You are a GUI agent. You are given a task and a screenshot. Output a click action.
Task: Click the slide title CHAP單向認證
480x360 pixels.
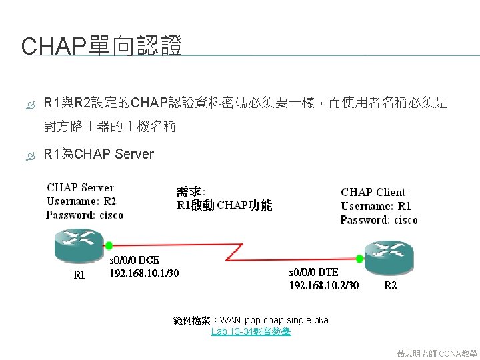pos(102,47)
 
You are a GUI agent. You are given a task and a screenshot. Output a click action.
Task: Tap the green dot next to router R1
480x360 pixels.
pos(109,245)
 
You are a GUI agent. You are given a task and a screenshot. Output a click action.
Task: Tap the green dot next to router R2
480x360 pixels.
pos(360,258)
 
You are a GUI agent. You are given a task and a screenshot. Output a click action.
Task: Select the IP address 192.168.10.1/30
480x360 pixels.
pos(145,273)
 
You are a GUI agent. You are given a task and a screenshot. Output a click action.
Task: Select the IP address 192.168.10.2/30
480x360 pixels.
pos(324,285)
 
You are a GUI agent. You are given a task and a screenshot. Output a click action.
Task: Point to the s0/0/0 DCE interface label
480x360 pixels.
pos(134,260)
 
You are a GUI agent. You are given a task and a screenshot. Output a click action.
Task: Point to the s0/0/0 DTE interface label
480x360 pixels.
pos(313,273)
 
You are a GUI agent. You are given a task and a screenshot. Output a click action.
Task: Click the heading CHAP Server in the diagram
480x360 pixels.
pos(80,188)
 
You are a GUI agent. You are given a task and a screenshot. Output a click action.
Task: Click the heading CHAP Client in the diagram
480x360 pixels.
pos(373,193)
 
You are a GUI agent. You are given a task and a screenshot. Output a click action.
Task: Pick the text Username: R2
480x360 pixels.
pos(81,201)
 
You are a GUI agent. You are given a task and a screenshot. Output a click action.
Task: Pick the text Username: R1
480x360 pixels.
pos(376,206)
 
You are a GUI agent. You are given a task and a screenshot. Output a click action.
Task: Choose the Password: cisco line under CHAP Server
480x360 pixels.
pos(85,215)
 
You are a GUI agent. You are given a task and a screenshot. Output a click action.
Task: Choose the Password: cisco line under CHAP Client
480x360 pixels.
pos(379,220)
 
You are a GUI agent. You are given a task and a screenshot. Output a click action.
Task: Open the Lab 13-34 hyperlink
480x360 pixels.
pos(251,331)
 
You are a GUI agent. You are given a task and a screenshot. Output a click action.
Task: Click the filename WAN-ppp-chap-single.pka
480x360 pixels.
pos(274,320)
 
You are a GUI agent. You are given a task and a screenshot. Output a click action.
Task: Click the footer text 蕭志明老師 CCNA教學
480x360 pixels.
pos(436,353)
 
